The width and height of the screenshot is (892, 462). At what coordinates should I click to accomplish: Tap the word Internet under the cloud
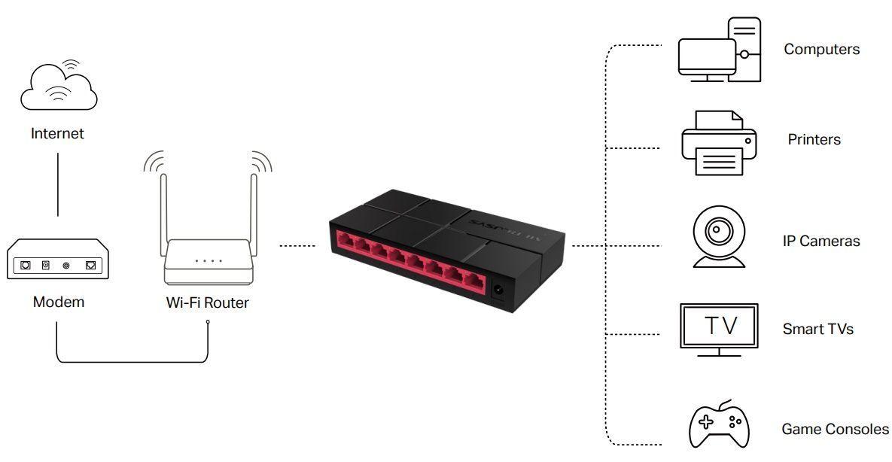pyautogui.click(x=57, y=134)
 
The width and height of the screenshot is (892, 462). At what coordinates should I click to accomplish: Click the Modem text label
pyautogui.click(x=59, y=302)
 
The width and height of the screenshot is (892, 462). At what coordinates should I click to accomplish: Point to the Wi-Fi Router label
pyautogui.click(x=207, y=303)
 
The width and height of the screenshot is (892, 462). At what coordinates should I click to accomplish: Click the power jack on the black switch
pyautogui.click(x=498, y=290)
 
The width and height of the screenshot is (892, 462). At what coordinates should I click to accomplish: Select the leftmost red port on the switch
pyautogui.click(x=347, y=242)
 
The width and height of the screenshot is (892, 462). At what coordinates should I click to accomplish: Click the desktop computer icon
pyautogui.click(x=719, y=50)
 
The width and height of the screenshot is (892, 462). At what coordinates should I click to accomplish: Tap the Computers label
pyautogui.click(x=821, y=50)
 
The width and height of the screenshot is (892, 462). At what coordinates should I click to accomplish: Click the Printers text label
pyautogui.click(x=814, y=140)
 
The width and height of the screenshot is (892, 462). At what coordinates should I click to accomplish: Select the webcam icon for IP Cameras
pyautogui.click(x=719, y=237)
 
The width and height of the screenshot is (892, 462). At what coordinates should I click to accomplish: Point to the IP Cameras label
pyautogui.click(x=820, y=242)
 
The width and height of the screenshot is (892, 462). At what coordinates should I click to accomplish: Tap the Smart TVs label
pyautogui.click(x=817, y=329)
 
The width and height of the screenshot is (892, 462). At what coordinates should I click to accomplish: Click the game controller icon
pyautogui.click(x=719, y=425)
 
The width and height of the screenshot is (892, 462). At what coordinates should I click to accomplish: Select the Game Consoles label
pyautogui.click(x=835, y=430)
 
